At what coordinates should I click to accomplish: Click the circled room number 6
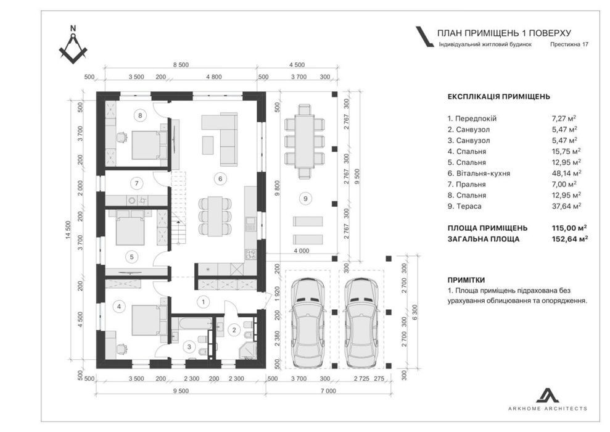click(x=220, y=178)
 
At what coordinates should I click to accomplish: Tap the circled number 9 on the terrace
click(x=305, y=199)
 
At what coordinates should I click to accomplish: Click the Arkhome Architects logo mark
click(x=548, y=395)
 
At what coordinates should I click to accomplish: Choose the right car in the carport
click(x=361, y=323)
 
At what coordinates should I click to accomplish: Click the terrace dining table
click(x=305, y=141)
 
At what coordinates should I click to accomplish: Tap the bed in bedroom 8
click(x=145, y=145)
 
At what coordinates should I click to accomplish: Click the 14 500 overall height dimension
click(x=68, y=230)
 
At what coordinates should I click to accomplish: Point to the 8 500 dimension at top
click(x=181, y=65)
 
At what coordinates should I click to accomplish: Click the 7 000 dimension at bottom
click(x=328, y=391)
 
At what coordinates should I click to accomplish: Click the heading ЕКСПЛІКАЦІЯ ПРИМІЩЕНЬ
click(x=499, y=96)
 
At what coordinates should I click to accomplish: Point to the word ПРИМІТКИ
click(x=466, y=280)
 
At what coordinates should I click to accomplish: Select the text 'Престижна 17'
click(x=569, y=44)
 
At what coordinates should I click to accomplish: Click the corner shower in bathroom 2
click(x=247, y=350)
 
